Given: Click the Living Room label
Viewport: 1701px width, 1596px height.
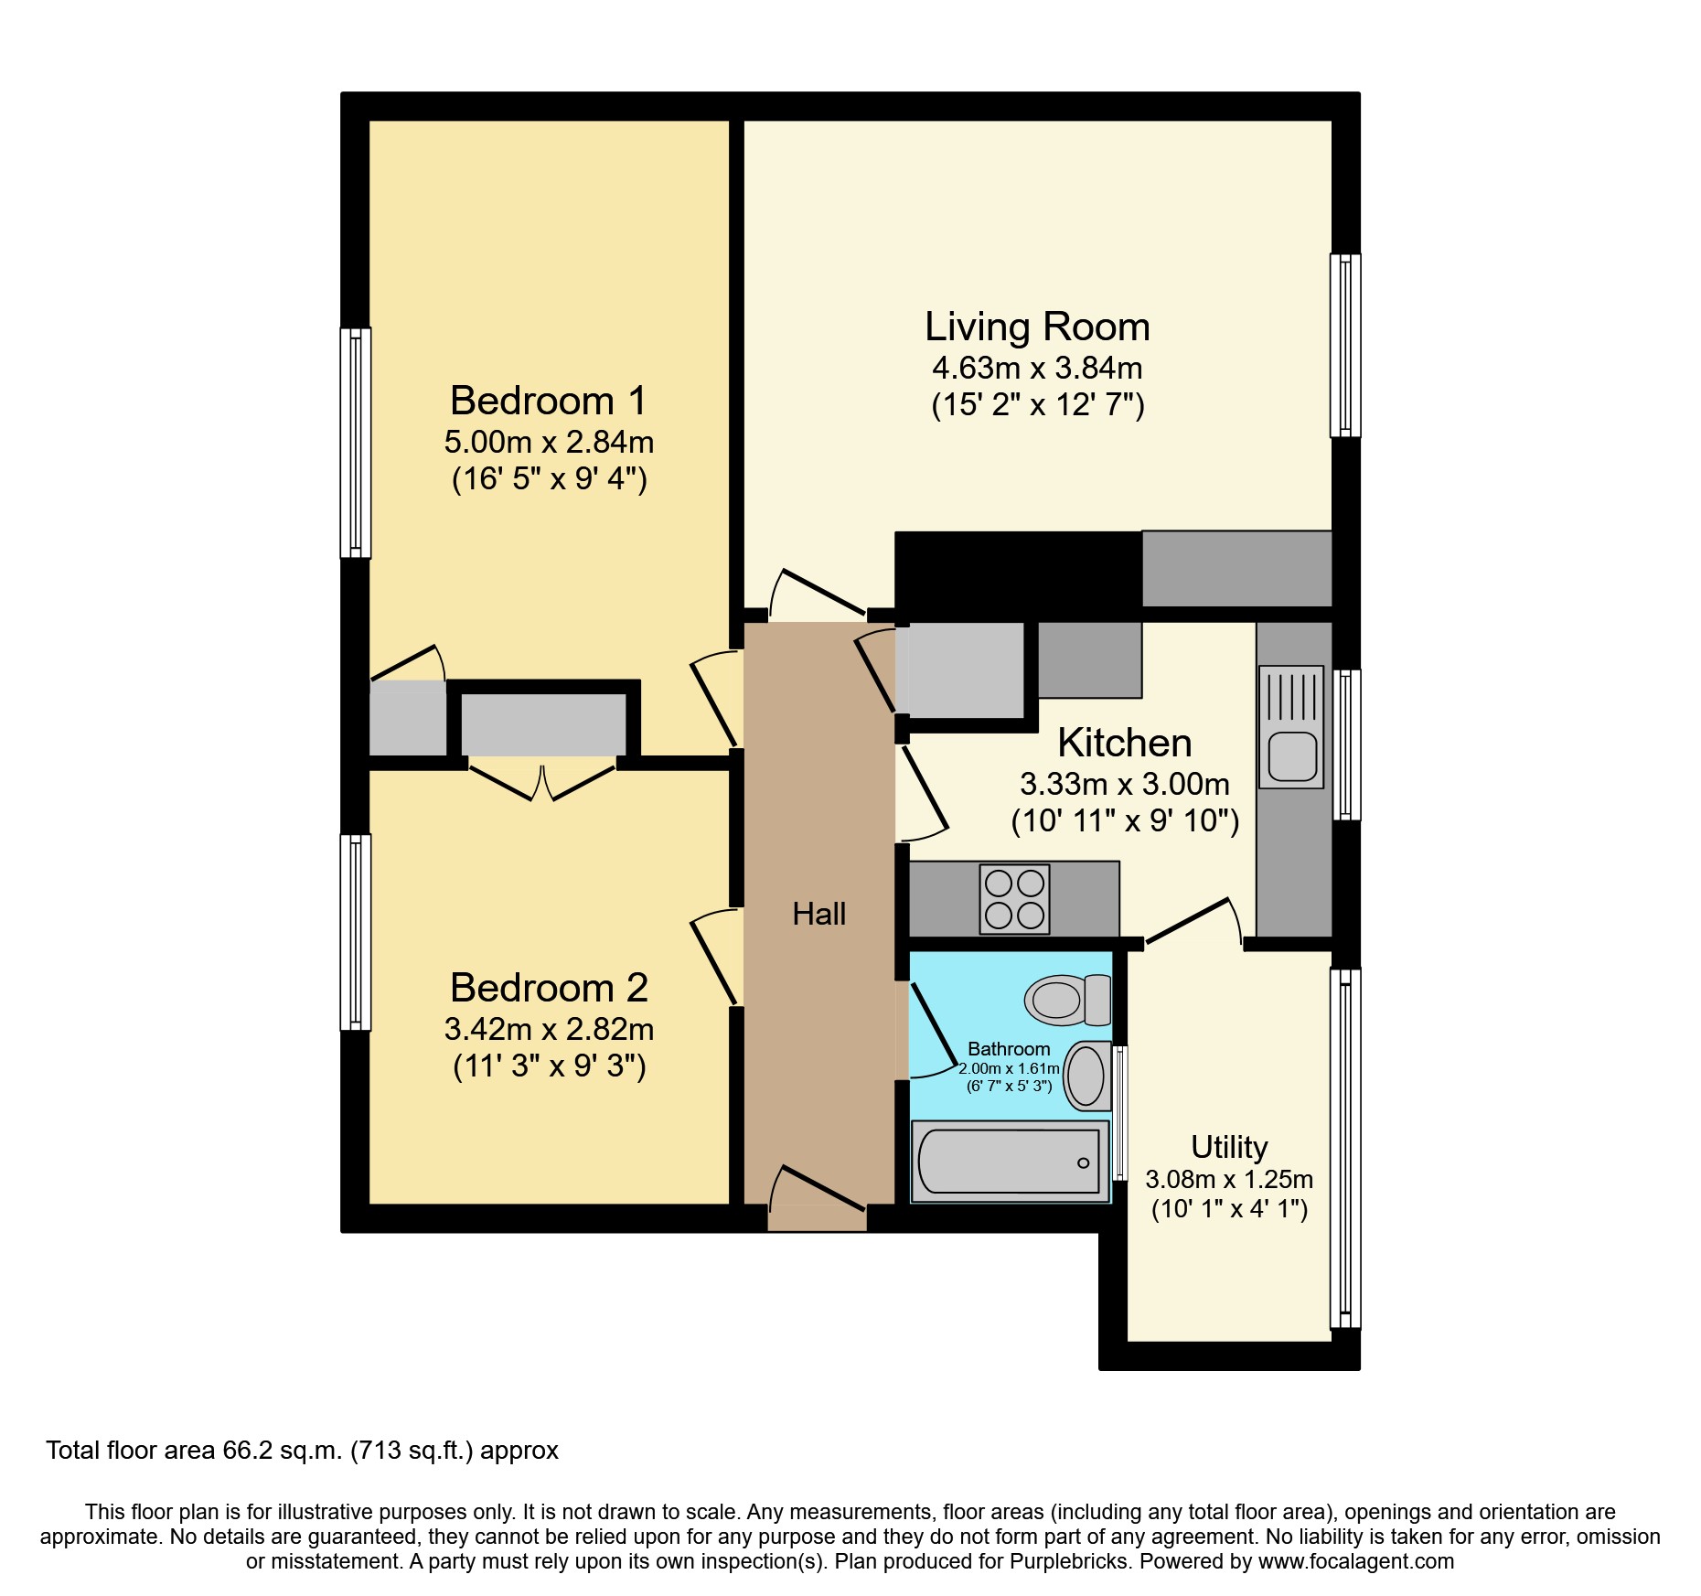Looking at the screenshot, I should [1036, 327].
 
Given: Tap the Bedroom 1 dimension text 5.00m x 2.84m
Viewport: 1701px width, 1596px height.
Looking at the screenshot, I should [549, 443].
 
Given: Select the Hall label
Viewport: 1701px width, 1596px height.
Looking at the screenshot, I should [818, 914].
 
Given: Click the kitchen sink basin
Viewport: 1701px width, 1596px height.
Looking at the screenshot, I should [1292, 757].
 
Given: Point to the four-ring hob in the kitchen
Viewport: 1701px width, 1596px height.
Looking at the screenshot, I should [1014, 899].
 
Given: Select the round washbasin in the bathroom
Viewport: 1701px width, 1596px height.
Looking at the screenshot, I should [1086, 1076].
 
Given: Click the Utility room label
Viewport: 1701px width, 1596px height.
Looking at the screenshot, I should [1229, 1147].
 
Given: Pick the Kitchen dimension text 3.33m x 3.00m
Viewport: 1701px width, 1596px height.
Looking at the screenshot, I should [1124, 785].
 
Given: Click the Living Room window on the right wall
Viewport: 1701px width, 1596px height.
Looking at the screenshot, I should [1344, 345].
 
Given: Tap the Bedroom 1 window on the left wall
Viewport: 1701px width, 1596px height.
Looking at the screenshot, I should [356, 443].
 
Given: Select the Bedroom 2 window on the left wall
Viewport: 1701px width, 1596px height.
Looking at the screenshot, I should [356, 932].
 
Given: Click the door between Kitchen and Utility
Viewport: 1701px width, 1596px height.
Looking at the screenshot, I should [1192, 921].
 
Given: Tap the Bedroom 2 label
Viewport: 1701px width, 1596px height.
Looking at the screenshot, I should [549, 988].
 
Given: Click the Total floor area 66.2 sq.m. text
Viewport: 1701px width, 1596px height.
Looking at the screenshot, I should [302, 1451].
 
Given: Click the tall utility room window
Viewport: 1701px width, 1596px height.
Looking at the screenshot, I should [1344, 1148].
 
